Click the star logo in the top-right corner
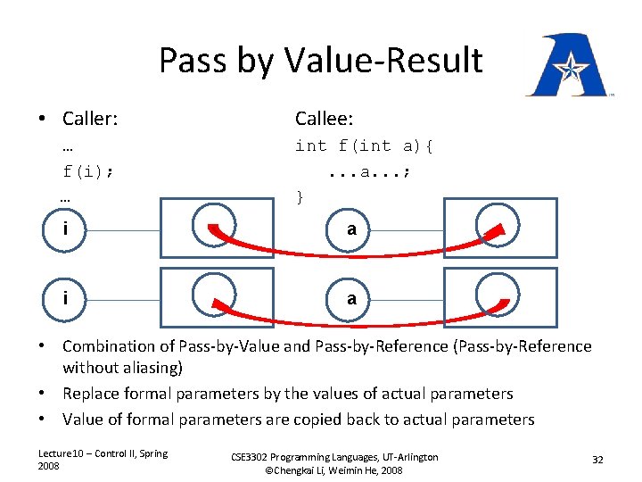[x=568, y=66]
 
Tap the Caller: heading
[x=90, y=119]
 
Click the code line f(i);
[x=87, y=170]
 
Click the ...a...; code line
[x=368, y=170]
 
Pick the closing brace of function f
[x=300, y=195]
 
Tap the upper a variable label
[x=351, y=229]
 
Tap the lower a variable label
[x=351, y=298]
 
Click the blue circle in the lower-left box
[x=215, y=293]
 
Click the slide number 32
[x=597, y=459]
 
